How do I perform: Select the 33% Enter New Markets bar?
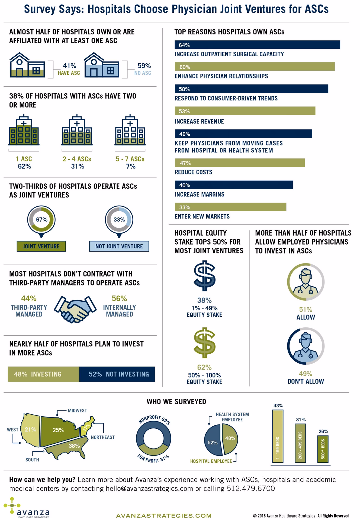230,207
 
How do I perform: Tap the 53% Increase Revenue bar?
245,111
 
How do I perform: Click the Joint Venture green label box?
41,246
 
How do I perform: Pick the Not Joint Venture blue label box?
119,246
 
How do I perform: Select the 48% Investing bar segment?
43,374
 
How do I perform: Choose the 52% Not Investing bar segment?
117,374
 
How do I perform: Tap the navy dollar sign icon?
205,276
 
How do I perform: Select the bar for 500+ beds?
323,449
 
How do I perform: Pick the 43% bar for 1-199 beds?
278,436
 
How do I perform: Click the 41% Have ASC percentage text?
70,66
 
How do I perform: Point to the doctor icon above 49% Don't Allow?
306,346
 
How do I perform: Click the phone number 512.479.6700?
250,488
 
